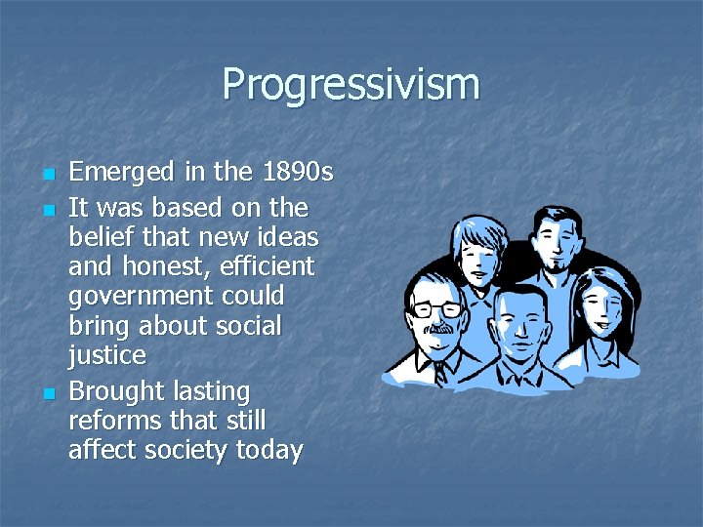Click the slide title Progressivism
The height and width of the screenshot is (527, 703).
tap(351, 84)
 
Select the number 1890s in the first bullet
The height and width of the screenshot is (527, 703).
tap(298, 173)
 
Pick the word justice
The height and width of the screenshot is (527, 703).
tap(106, 354)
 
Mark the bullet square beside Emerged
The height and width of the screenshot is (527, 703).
tap(48, 176)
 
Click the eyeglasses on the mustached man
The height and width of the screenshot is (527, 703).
tap(436, 308)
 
